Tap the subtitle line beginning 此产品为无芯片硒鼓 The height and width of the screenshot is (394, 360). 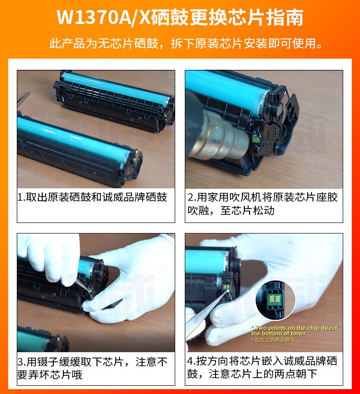pos(186,43)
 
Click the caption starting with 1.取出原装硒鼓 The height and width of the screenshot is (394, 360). pos(92,197)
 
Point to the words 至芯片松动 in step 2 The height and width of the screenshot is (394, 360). pos(247,210)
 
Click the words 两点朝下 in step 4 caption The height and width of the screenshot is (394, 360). pos(296,374)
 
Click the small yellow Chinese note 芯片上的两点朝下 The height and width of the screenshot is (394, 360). pos(275,340)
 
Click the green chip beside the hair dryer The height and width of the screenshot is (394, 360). pos(256,139)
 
